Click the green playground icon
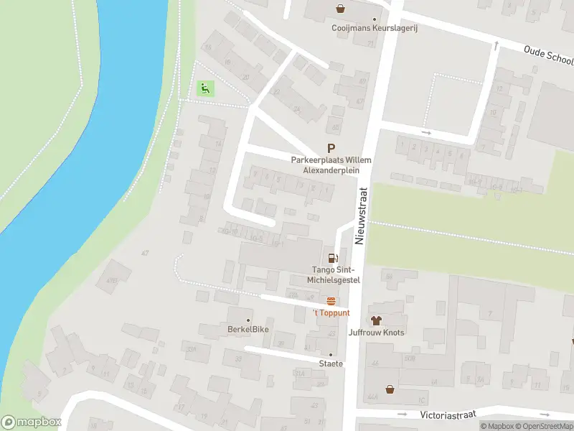pos(205,89)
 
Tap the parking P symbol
pos(331,147)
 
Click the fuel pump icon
pos(332,258)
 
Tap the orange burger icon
pos(331,301)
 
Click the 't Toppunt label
pos(331,313)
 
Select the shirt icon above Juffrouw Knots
pos(375,320)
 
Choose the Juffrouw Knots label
pos(375,333)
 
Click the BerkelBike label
pos(248,333)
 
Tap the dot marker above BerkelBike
pos(248,320)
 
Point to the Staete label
pos(331,363)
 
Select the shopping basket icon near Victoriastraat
pos(390,389)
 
